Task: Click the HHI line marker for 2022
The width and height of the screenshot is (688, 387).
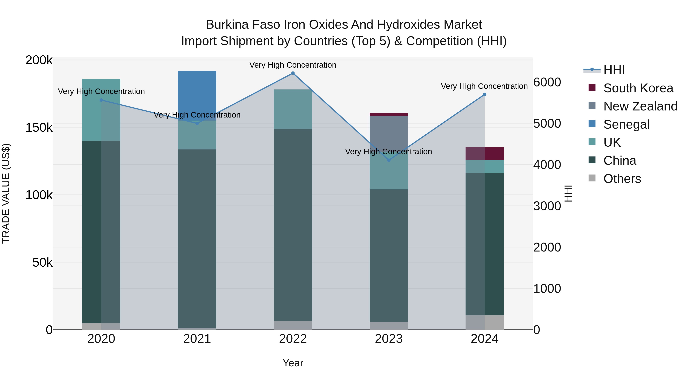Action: point(293,73)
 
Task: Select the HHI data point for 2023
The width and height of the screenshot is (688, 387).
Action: point(389,160)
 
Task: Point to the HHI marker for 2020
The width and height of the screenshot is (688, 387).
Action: point(101,100)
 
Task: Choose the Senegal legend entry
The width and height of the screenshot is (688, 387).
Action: point(626,124)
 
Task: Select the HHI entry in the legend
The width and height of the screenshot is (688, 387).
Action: point(614,70)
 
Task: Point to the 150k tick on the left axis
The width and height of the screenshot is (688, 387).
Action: point(39,128)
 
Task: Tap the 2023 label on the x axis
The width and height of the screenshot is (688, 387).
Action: point(389,339)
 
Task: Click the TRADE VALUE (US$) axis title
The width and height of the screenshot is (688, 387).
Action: point(6,193)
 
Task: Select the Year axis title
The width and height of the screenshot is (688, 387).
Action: point(293,363)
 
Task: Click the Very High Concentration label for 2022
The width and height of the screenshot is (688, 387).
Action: point(293,65)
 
